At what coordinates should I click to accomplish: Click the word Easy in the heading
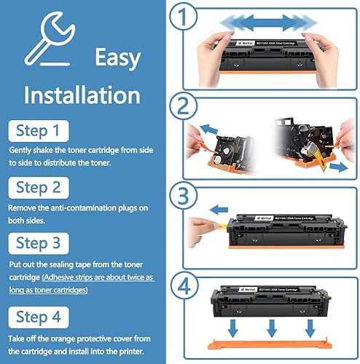pyautogui.click(x=116, y=56)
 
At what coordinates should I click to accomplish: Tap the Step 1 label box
pyautogui.click(x=44, y=131)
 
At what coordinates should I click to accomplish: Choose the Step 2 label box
pyautogui.click(x=44, y=187)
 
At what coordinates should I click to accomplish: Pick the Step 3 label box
pyautogui.click(x=44, y=242)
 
